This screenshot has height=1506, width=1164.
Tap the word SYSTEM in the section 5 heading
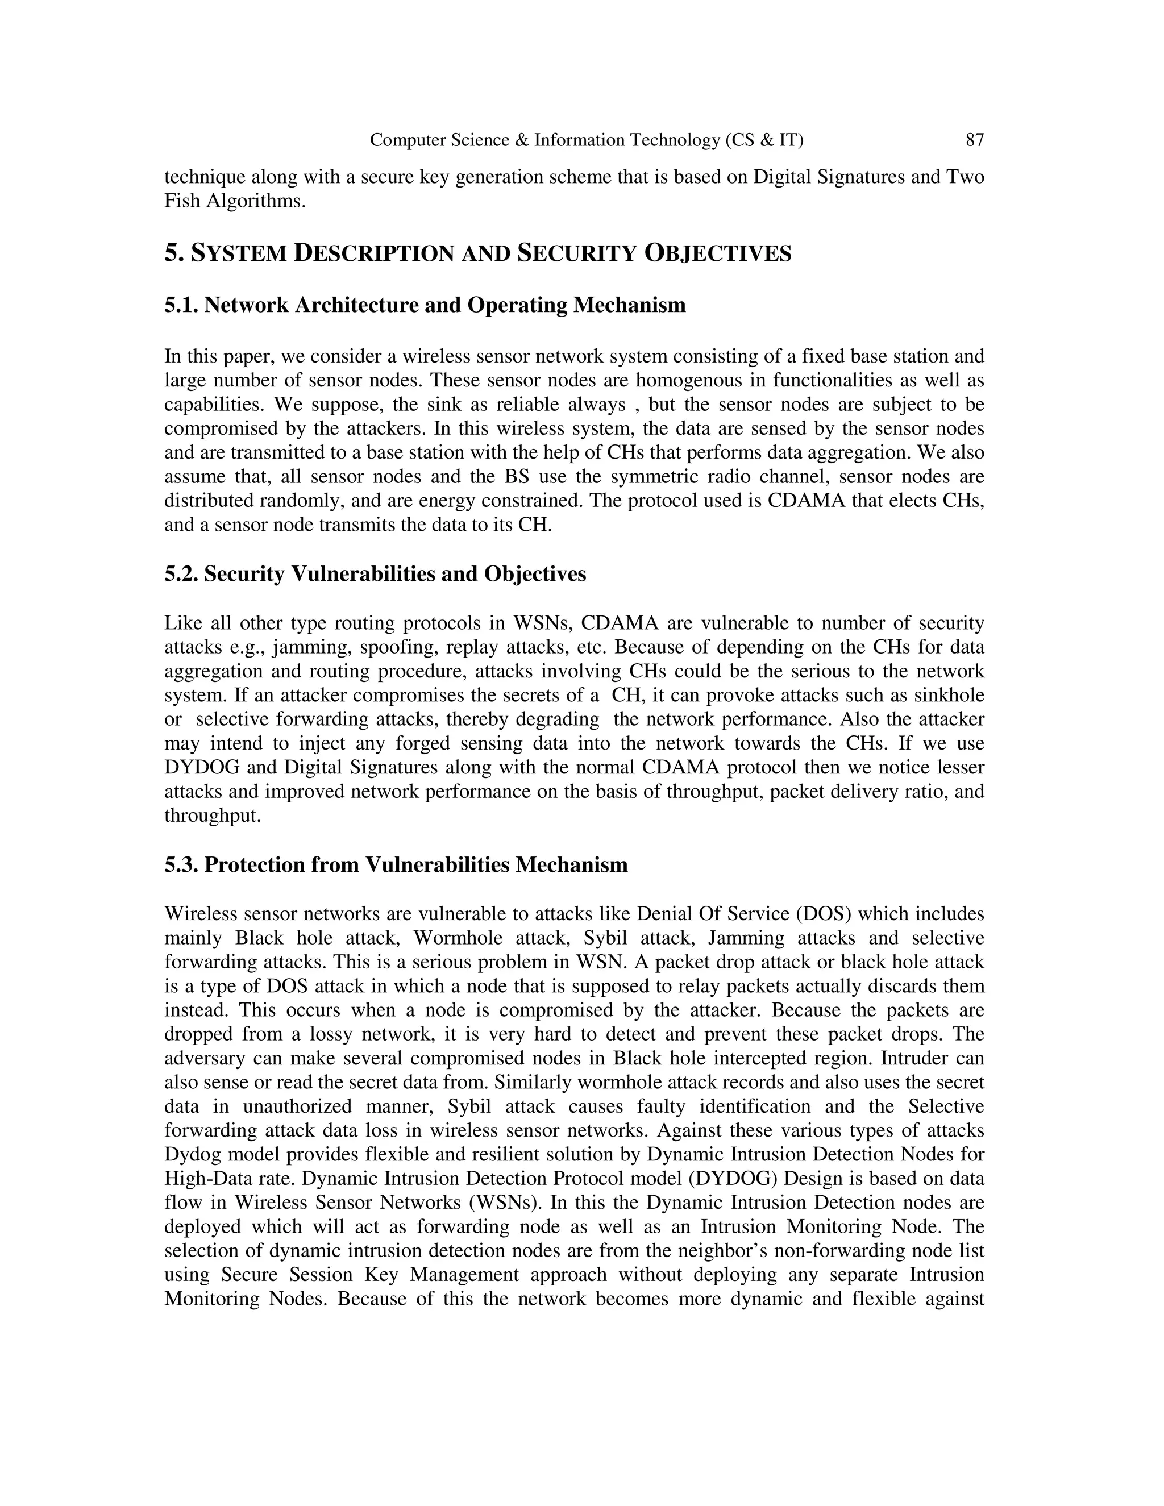[x=239, y=254]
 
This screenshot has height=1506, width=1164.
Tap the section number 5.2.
[x=181, y=574]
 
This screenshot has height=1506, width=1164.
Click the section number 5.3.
[x=181, y=865]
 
